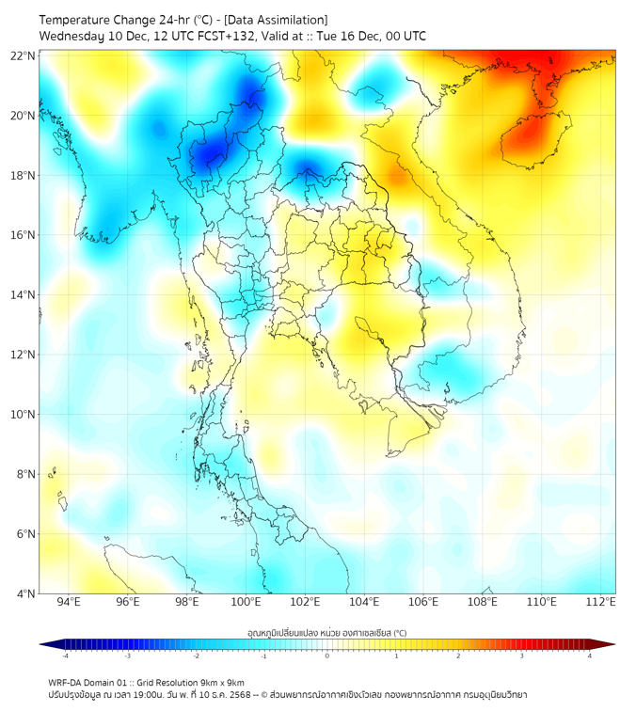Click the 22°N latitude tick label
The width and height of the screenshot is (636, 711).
point(24,55)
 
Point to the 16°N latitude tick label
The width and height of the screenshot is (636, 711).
point(24,235)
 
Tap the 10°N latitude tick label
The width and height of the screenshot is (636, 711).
point(24,415)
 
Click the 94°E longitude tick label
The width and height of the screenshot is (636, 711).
point(68,603)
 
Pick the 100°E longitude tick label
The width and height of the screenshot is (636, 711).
point(246,603)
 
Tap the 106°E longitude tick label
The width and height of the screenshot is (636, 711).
point(423,603)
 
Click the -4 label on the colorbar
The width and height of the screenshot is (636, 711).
point(65,656)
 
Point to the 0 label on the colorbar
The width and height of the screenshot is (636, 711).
point(327,656)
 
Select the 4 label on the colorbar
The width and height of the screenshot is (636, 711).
point(589,656)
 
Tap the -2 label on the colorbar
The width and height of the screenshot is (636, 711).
point(196,656)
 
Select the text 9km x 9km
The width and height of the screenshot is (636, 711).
point(223,682)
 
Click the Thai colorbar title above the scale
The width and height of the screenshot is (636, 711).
point(326,633)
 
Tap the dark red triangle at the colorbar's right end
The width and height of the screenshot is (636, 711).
point(607,644)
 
